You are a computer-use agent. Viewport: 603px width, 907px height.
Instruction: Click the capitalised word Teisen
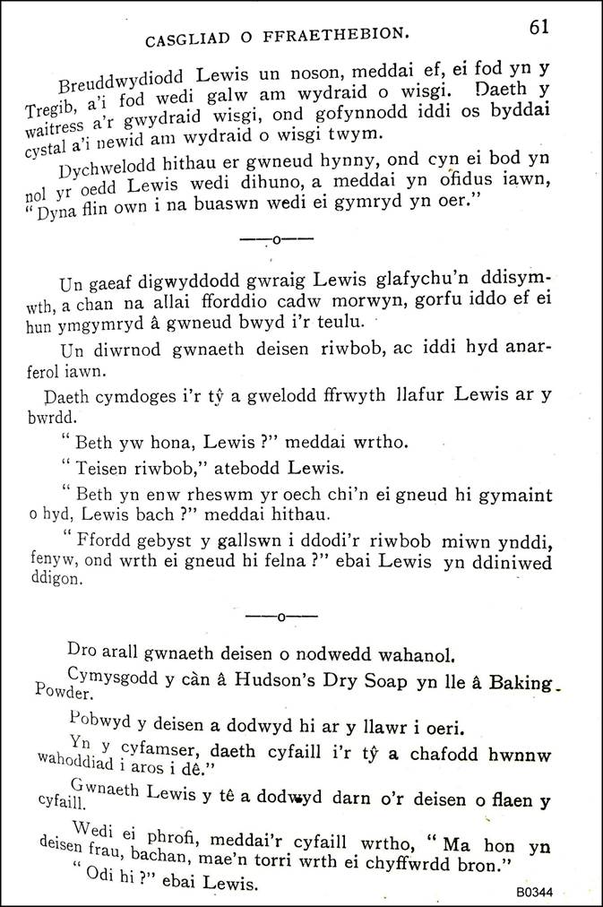100,466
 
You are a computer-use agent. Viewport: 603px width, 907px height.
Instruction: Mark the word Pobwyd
97,718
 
